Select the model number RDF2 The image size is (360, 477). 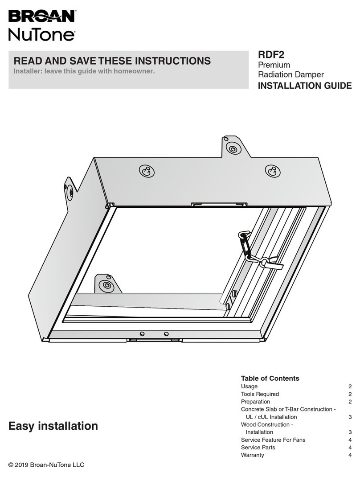click(271, 55)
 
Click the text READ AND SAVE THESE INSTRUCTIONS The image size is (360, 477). click(112, 61)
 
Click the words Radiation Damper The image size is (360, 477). click(291, 75)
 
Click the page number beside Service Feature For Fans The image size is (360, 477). click(350, 440)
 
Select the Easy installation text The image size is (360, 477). click(53, 426)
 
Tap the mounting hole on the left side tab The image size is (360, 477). click(70, 193)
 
